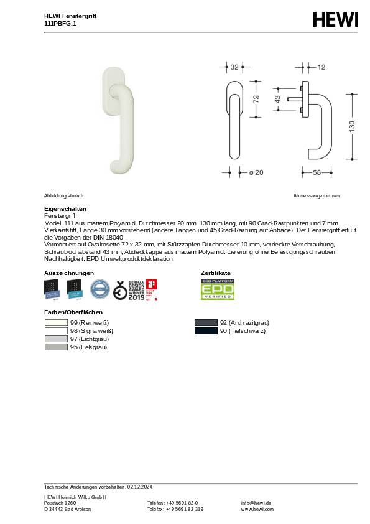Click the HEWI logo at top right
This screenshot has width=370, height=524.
click(336, 20)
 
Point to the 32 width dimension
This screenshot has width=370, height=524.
click(234, 67)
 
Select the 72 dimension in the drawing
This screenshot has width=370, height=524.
click(255, 99)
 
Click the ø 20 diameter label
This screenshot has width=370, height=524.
click(256, 172)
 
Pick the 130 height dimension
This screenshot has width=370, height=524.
click(352, 126)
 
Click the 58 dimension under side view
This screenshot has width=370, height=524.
click(317, 172)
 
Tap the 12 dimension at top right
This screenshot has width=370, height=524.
click(321, 67)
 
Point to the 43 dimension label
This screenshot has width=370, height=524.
click(278, 99)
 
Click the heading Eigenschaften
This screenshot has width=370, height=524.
click(65, 208)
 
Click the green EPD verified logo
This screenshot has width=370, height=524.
click(217, 289)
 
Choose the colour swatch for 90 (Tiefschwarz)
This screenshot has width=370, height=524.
click(206, 331)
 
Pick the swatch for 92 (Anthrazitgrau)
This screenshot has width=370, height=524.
click(206, 323)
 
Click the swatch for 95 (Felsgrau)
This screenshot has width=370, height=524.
click(56, 347)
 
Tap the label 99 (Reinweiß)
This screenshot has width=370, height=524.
click(90, 323)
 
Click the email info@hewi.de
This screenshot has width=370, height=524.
click(256, 503)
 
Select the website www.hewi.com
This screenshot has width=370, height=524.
click(257, 509)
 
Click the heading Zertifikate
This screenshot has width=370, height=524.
click(215, 273)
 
